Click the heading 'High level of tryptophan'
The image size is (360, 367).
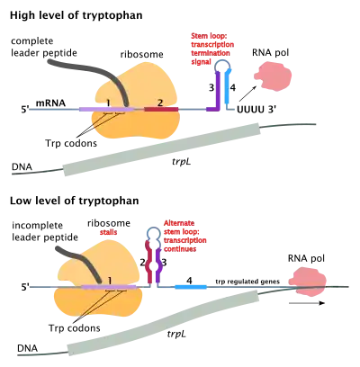click(76, 15)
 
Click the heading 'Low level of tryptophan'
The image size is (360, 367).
click(75, 201)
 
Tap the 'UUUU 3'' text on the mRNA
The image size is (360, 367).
click(256, 110)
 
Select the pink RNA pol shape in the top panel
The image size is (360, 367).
click(273, 78)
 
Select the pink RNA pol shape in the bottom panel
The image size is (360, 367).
click(308, 281)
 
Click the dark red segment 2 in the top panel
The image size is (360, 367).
click(161, 109)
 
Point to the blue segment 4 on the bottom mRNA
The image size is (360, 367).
click(191, 287)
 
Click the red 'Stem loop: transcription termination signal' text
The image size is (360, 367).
click(212, 49)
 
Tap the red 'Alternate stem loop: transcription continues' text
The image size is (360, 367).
click(184, 236)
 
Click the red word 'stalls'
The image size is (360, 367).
click(108, 232)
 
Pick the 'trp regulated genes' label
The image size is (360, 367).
click(247, 282)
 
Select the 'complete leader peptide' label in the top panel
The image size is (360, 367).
click(44, 47)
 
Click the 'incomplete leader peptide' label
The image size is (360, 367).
click(45, 231)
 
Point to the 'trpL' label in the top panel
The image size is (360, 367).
click(182, 162)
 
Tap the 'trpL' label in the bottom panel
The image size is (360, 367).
click(176, 334)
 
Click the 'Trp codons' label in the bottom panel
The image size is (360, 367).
click(75, 328)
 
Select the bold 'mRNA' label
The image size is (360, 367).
click(50, 103)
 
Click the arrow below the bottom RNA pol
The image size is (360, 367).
click(307, 303)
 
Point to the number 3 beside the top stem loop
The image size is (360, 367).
click(211, 88)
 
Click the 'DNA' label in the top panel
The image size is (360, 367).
click(22, 167)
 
